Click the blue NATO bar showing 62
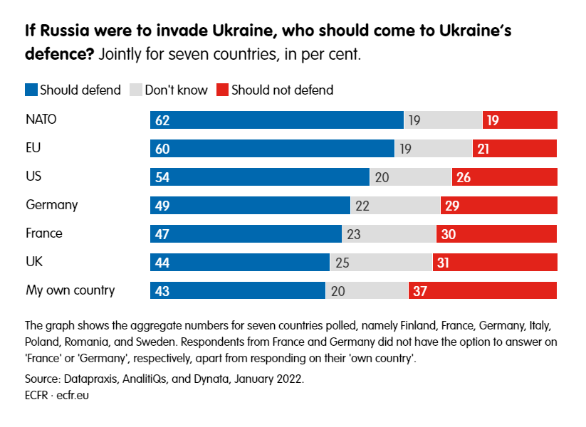[276, 120]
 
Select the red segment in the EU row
[515, 148]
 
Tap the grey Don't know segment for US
[411, 176]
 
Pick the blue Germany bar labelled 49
[250, 205]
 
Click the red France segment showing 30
[496, 233]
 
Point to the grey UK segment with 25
[381, 262]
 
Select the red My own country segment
[483, 290]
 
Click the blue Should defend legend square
[31, 90]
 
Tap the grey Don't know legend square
[135, 90]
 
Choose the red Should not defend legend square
[221, 90]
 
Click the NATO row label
[41, 120]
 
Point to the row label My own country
[70, 290]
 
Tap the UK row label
[34, 262]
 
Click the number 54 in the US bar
[162, 177]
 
